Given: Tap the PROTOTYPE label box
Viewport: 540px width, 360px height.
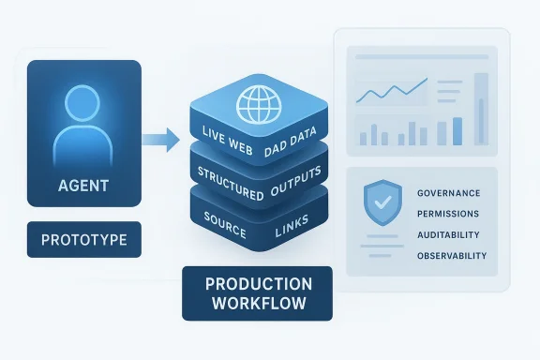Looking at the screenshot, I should (x=84, y=241).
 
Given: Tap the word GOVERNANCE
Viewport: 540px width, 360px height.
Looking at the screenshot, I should (x=447, y=193).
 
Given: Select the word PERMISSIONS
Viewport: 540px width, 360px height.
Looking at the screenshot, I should (x=447, y=214).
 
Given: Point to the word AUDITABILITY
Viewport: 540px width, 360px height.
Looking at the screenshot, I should (x=446, y=235).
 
